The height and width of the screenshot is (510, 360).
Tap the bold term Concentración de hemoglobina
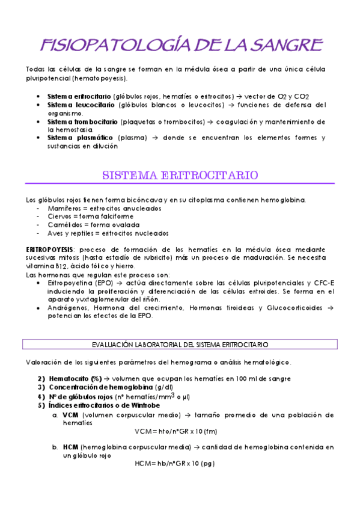click(93, 388)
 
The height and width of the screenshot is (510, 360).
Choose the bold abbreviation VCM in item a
click(70, 415)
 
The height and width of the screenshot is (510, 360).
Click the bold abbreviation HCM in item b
click(70, 447)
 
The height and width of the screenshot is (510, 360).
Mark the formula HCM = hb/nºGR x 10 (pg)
click(174, 464)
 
